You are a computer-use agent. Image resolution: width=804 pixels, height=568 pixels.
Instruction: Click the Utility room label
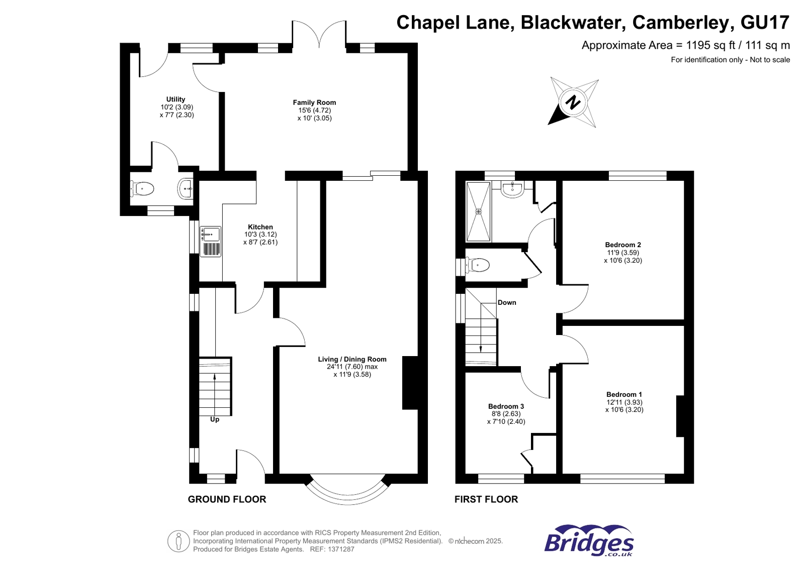pyautogui.click(x=175, y=99)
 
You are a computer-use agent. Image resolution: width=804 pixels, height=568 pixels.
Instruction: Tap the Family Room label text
pyautogui.click(x=314, y=102)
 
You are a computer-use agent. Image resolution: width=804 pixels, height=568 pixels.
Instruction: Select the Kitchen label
pyautogui.click(x=260, y=227)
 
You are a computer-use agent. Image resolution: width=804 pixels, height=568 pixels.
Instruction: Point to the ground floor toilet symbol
pyautogui.click(x=143, y=189)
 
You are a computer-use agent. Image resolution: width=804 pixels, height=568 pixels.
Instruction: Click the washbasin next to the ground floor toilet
pyautogui.click(x=186, y=189)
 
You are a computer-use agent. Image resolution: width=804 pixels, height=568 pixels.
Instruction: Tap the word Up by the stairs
pyautogui.click(x=215, y=419)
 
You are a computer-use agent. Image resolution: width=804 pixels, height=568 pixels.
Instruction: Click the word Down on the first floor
pyautogui.click(x=506, y=302)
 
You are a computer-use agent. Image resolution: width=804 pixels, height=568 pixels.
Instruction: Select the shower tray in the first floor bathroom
pyautogui.click(x=478, y=211)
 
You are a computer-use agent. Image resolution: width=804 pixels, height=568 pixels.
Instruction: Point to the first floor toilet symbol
pyautogui.click(x=478, y=265)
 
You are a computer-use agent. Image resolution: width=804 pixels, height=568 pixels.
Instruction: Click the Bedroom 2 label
pyautogui.click(x=622, y=245)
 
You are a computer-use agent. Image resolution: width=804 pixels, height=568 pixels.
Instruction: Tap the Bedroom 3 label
pyautogui.click(x=506, y=406)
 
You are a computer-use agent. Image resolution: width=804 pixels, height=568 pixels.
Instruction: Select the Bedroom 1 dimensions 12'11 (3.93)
pyautogui.click(x=624, y=402)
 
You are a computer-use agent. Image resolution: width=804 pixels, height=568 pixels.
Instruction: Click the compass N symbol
pyautogui.click(x=573, y=102)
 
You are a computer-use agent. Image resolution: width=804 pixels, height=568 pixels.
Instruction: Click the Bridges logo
pyautogui.click(x=588, y=540)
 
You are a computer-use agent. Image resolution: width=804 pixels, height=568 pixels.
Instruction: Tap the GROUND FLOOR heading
pyautogui.click(x=227, y=499)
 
